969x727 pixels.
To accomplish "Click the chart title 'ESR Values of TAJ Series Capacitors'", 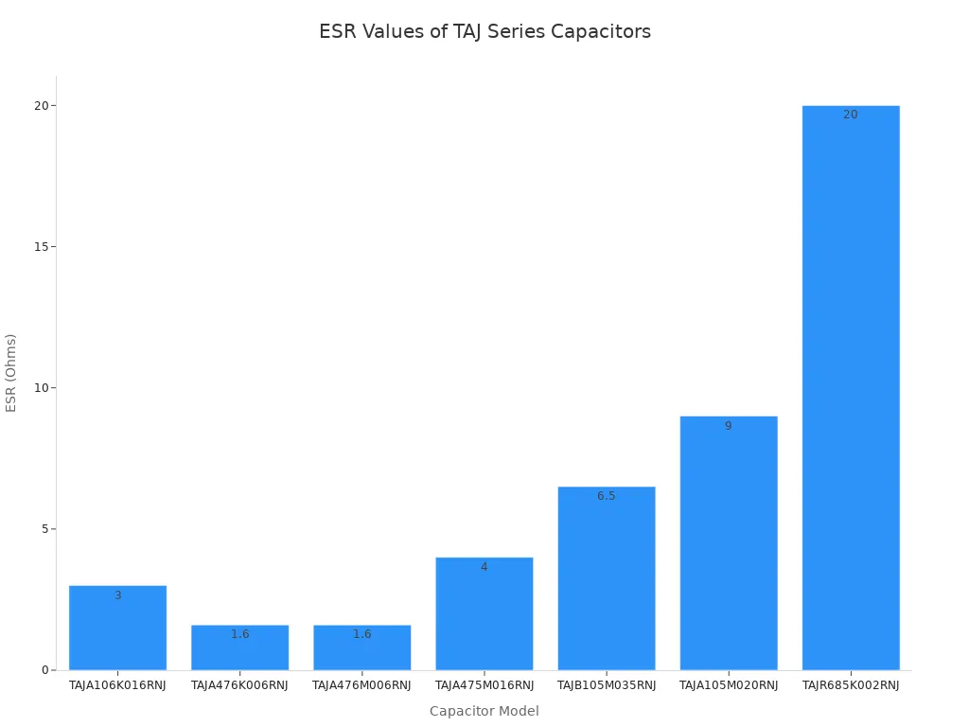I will (484, 31).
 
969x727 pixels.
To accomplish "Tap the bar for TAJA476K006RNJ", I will (239, 651).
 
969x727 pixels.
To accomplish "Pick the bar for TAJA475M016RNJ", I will (484, 615).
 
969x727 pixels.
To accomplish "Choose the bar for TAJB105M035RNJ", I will (606, 579).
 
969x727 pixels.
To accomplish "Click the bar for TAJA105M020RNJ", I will (728, 544).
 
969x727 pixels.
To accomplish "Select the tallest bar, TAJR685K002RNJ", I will (850, 388).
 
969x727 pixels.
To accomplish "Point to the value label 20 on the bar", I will (850, 115).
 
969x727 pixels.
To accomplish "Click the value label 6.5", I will (606, 496).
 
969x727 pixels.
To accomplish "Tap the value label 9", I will (728, 426).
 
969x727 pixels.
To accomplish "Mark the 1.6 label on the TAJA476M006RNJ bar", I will (361, 634).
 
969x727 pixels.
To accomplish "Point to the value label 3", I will (117, 595).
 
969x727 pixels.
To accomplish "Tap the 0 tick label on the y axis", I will (44, 670).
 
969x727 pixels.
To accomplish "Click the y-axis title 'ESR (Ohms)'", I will (11, 372).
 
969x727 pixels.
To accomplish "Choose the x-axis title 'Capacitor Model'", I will (484, 711).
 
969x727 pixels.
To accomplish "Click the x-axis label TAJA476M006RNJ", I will (361, 685).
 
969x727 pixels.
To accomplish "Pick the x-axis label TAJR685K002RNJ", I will (850, 685).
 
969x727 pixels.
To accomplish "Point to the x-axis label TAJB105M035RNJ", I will (606, 685).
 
